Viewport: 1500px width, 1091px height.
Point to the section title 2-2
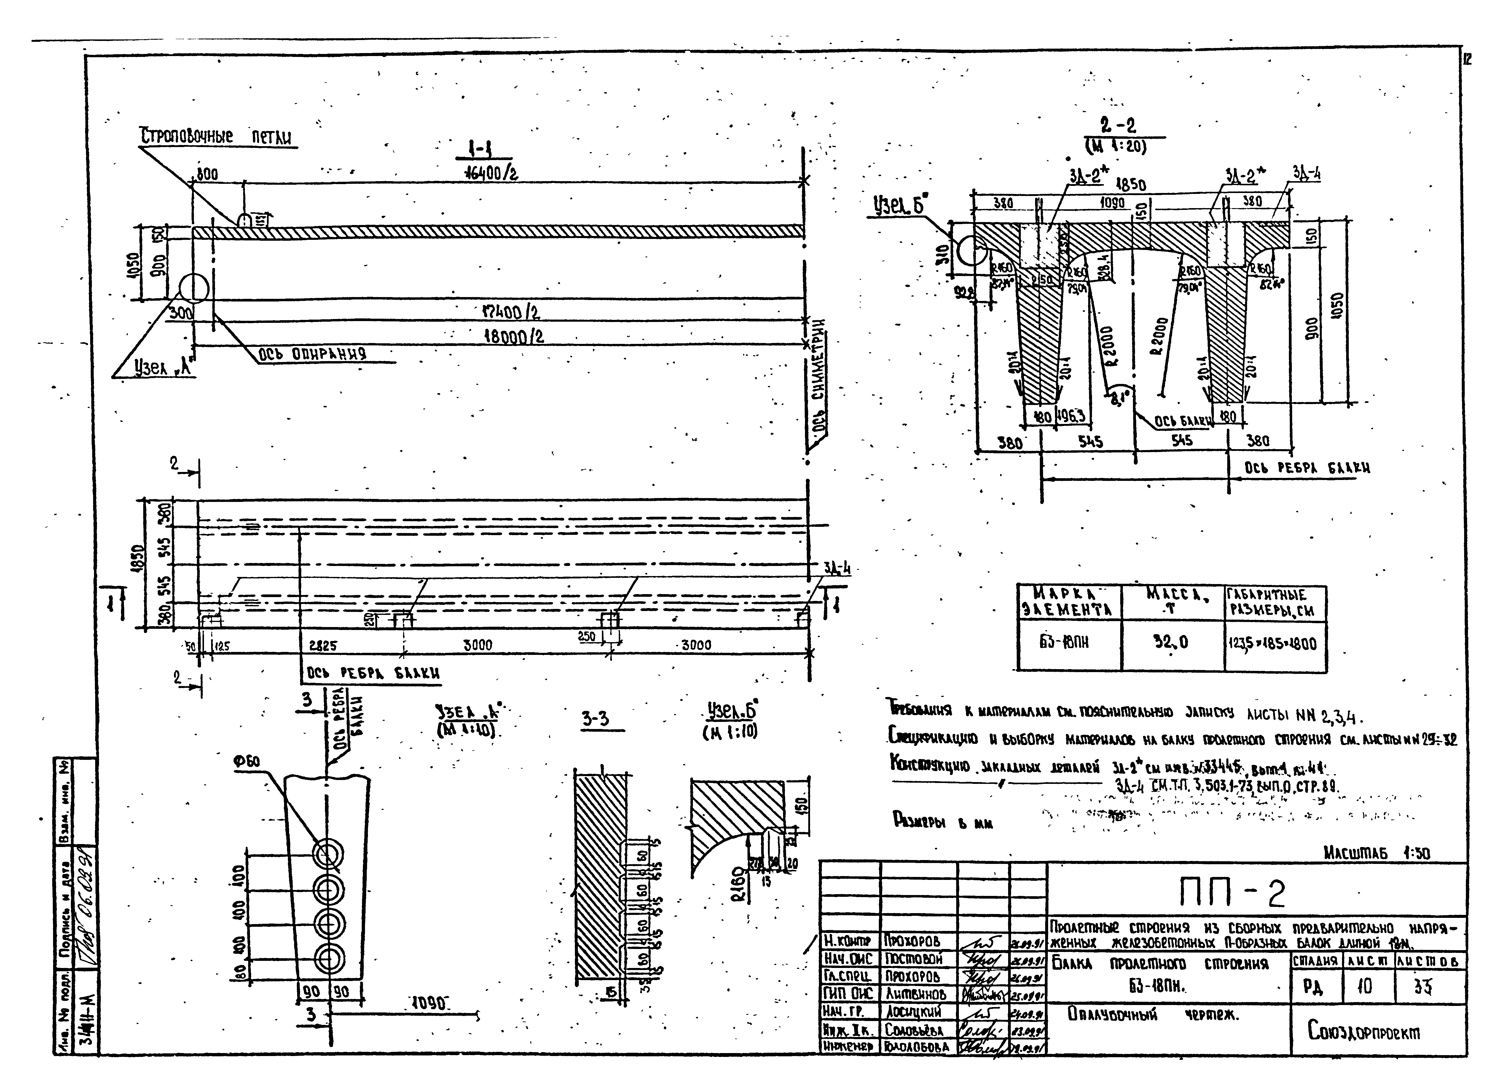pyautogui.click(x=1118, y=126)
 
